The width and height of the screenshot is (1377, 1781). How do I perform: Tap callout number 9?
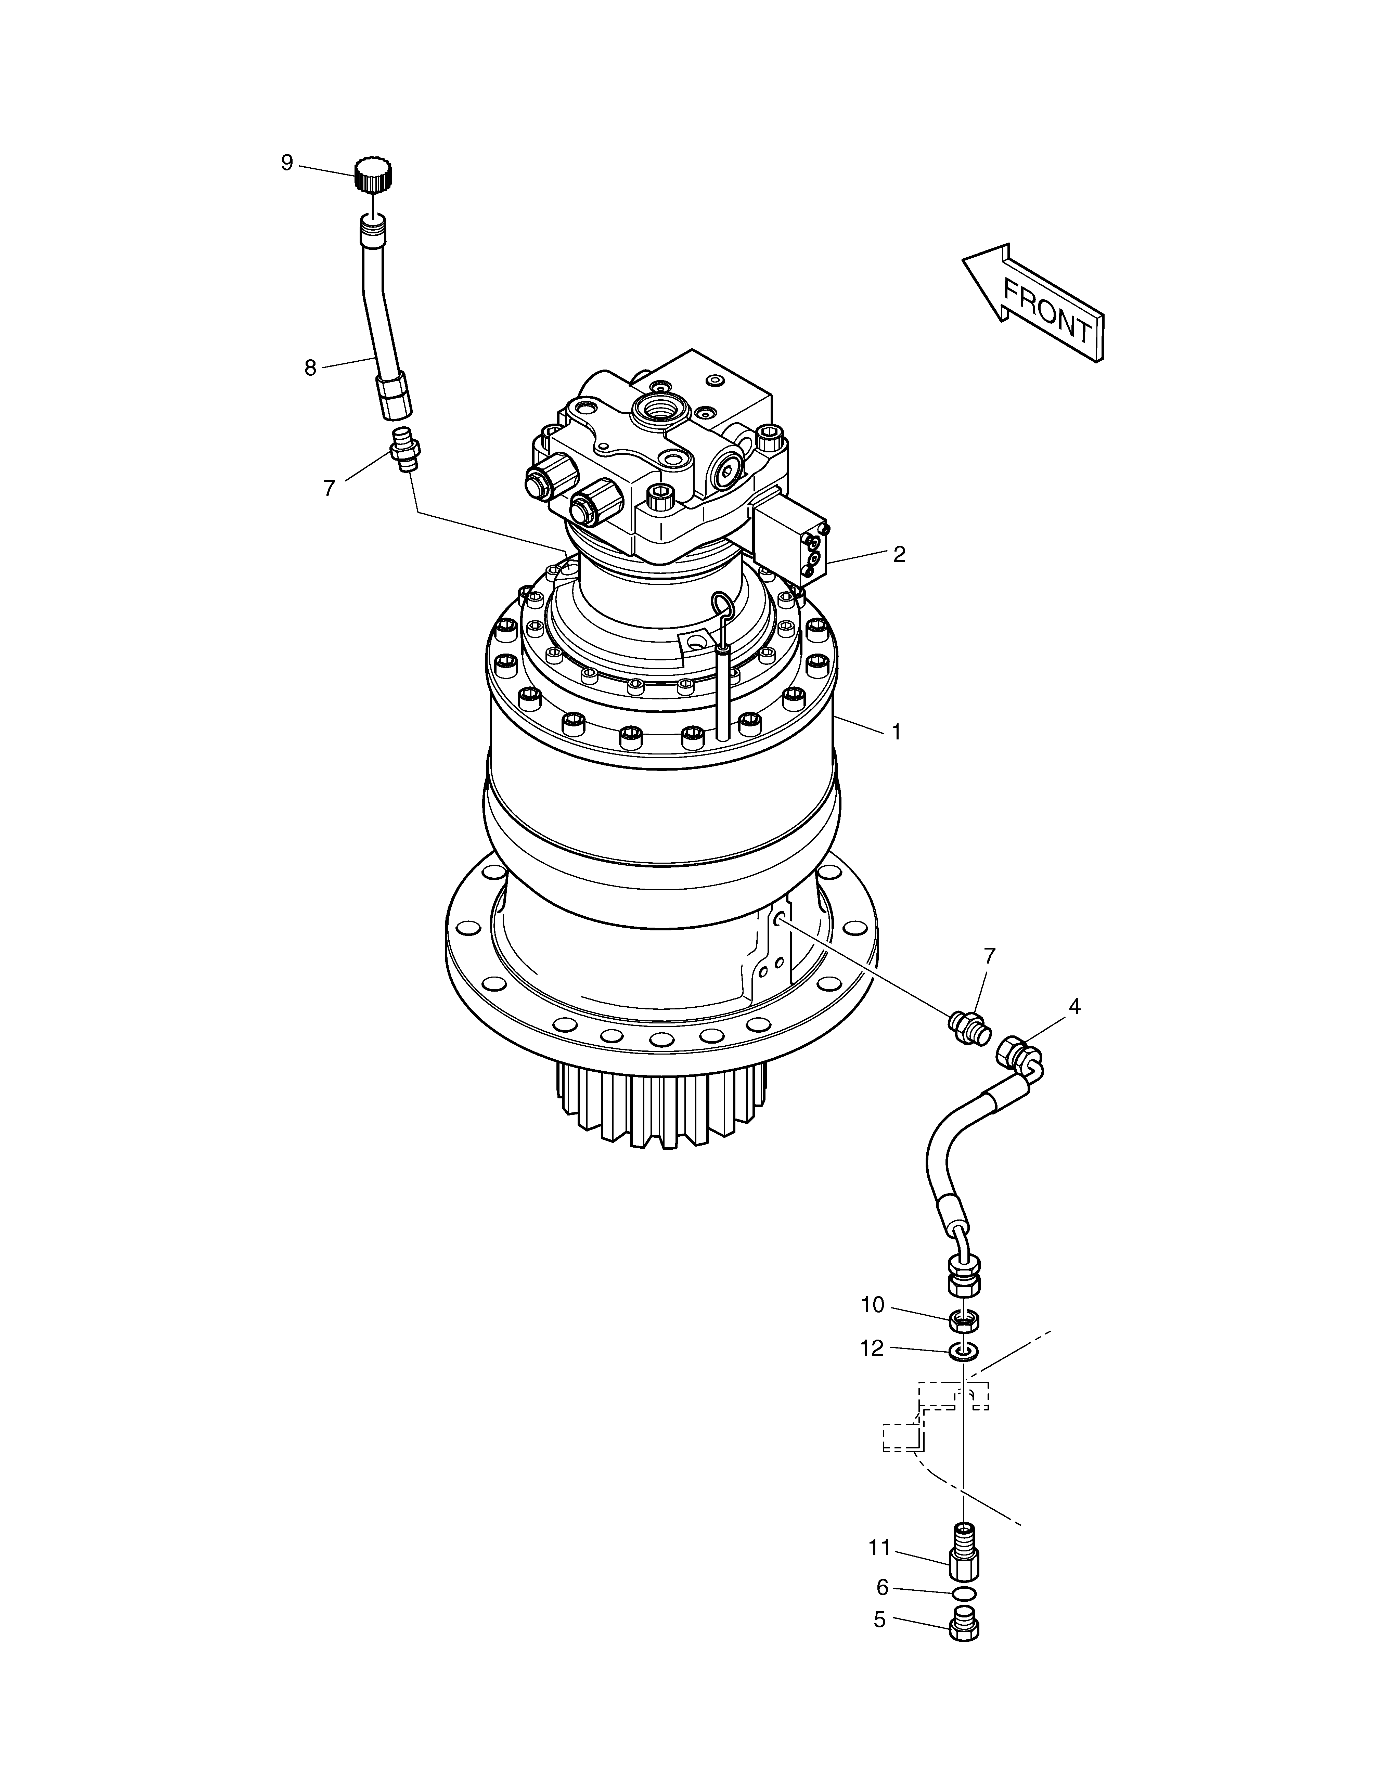click(x=287, y=163)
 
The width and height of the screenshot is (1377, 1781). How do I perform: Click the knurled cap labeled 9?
click(x=374, y=174)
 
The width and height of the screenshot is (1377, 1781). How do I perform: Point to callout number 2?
click(x=899, y=555)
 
